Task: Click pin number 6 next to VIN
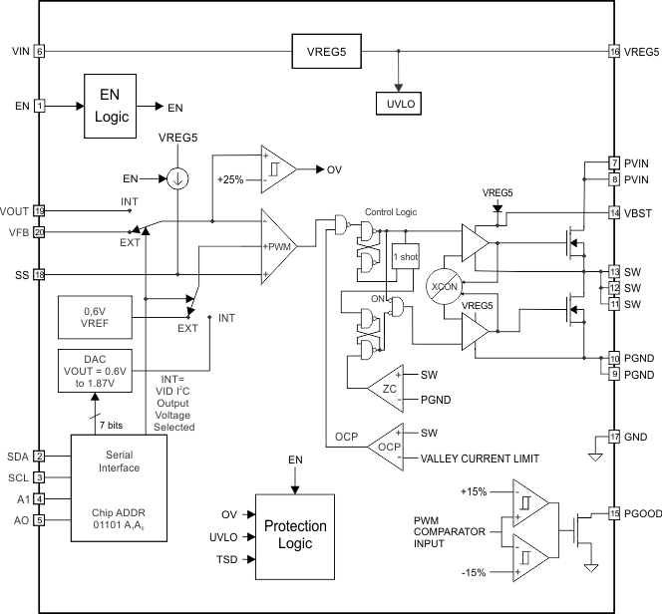40,51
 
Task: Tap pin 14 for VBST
615,212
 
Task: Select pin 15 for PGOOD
615,514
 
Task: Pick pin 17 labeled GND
615,437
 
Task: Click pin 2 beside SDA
40,456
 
